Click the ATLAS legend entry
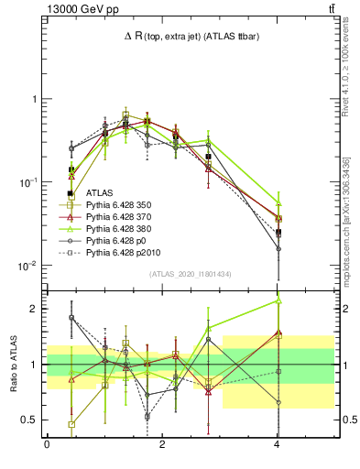100,193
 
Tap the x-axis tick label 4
278,445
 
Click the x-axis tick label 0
47,445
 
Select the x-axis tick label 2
162,445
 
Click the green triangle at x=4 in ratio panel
278,300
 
